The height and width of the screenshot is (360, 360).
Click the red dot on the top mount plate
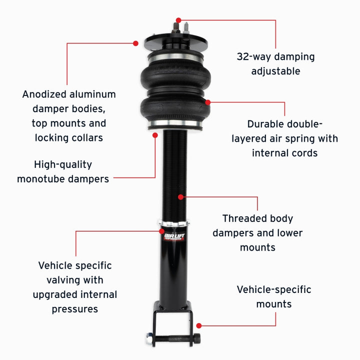click(x=135, y=43)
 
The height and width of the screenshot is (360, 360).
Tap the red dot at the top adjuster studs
click(x=178, y=20)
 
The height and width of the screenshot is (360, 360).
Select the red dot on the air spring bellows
click(x=208, y=102)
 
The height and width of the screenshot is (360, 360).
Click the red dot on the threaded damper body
click(x=180, y=197)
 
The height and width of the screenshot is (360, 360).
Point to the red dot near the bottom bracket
click(x=199, y=325)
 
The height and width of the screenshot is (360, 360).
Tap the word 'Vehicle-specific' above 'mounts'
click(x=273, y=289)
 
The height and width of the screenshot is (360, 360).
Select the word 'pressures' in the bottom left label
click(x=74, y=309)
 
